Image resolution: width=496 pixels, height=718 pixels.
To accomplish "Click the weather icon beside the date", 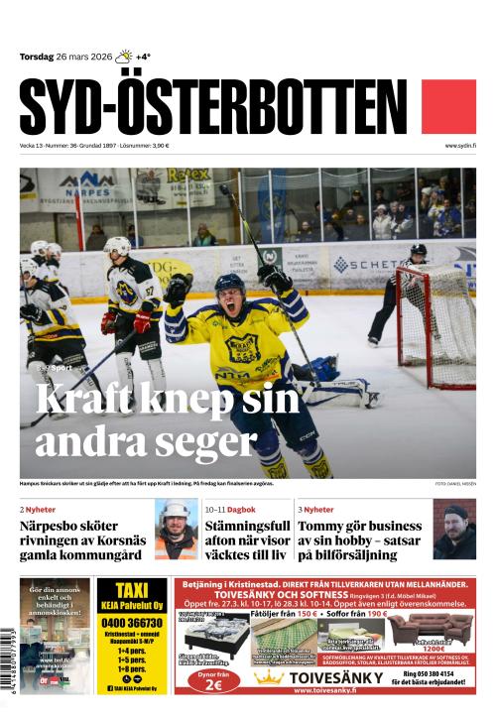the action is coord(124,57).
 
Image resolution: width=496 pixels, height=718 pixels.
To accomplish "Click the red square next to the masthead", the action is coord(448,106).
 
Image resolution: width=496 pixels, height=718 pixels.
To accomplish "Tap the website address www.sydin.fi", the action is coord(460,146).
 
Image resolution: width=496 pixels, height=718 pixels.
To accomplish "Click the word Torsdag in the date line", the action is coord(38,57).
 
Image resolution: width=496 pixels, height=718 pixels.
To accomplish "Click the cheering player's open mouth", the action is coord(232,307).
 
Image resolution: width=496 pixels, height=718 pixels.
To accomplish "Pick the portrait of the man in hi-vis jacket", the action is coord(175,531).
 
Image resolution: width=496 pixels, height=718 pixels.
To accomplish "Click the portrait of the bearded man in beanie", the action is coord(454,530).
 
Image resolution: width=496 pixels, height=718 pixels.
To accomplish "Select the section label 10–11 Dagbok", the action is coord(230,510).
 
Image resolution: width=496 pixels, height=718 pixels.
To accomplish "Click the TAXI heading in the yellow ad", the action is coord(132,591).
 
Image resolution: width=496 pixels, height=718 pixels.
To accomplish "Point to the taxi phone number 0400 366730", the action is coord(132,622).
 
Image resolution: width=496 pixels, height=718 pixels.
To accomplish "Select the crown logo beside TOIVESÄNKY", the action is coord(269,678).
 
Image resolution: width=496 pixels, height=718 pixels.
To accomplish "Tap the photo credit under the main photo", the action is coord(454,484).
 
